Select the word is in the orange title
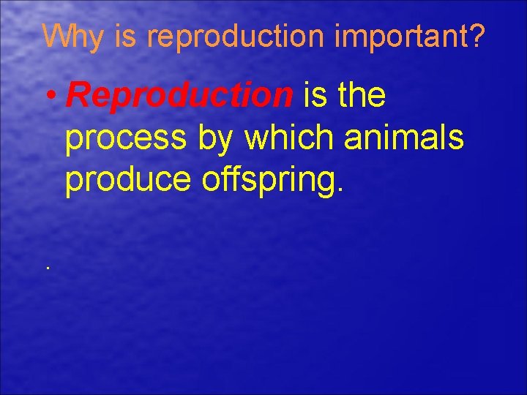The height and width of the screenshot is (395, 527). coord(124,37)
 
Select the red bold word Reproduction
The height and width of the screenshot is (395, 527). coord(179,97)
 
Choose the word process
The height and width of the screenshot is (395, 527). coord(125,139)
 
